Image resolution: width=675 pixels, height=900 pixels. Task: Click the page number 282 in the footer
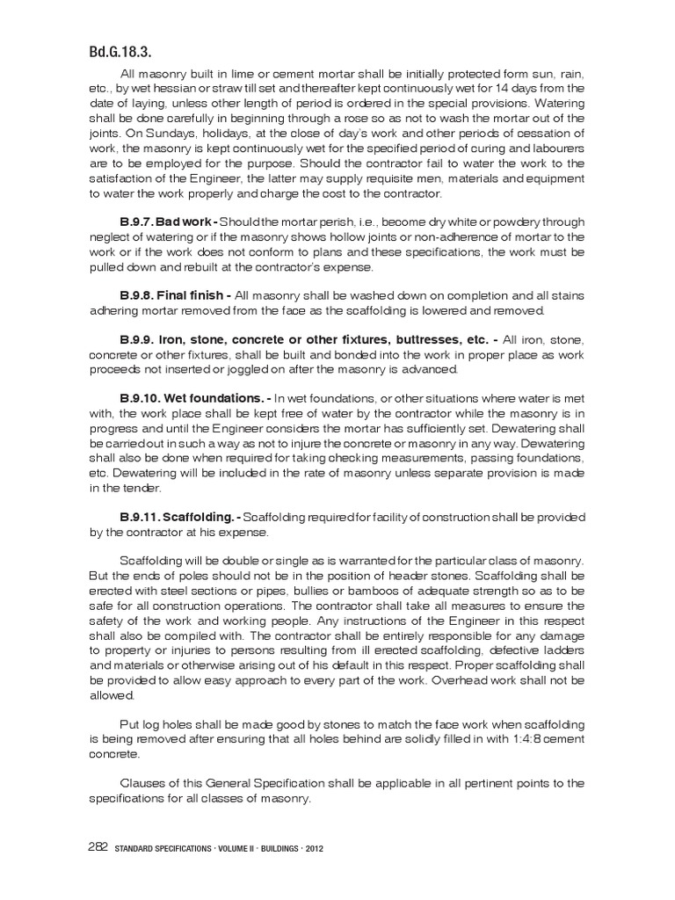pos(98,847)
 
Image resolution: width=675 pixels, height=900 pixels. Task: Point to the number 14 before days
pos(497,88)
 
